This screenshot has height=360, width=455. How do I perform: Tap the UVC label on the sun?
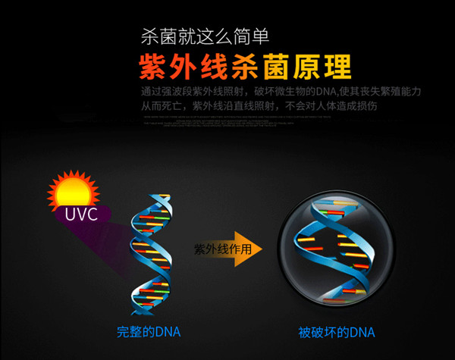[80, 214]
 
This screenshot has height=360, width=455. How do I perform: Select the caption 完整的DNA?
[149, 332]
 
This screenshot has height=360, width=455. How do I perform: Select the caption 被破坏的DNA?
[337, 332]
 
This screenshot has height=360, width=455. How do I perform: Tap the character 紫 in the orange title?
[154, 67]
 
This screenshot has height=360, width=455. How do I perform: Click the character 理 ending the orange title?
[336, 67]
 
